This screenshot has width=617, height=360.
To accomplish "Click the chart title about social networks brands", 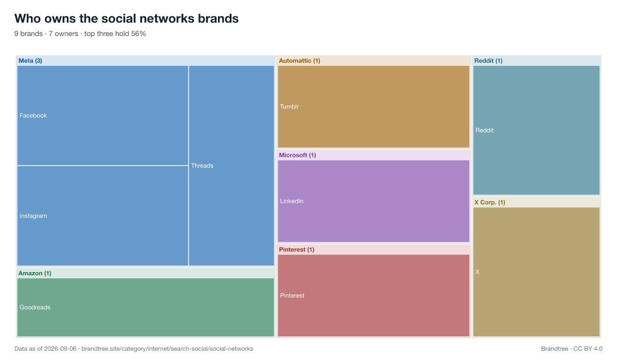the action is [x=126, y=19].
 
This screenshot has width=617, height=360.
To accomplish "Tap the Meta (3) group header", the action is [x=30, y=61].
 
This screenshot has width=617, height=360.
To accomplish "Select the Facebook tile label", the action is [x=33, y=115].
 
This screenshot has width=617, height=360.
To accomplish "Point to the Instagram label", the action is [x=33, y=215].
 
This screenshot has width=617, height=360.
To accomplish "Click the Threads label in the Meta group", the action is [x=202, y=166].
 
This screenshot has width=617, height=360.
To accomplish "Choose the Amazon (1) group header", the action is [x=35, y=273].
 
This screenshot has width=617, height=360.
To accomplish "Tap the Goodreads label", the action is [x=35, y=307].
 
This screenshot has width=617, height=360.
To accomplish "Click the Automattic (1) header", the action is [x=299, y=61].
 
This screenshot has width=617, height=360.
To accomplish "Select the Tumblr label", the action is [x=289, y=106].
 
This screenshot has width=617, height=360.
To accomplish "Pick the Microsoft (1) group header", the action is [x=297, y=155].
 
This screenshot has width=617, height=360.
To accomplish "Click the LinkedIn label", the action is [x=292, y=201].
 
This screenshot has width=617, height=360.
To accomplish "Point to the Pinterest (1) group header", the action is [x=296, y=249].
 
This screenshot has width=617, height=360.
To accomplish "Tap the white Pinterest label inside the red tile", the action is [x=292, y=296].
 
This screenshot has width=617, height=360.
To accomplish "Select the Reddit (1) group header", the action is [x=488, y=61].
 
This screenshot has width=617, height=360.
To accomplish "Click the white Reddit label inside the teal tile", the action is [x=484, y=130].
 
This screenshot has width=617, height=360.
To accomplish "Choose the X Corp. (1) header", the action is [x=489, y=203].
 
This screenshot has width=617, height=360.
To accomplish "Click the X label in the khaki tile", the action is [x=477, y=272].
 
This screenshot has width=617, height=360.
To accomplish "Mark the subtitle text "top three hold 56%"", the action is [x=115, y=33].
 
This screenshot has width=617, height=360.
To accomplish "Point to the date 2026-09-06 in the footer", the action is [x=60, y=349].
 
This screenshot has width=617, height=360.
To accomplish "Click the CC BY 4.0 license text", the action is [x=588, y=349].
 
